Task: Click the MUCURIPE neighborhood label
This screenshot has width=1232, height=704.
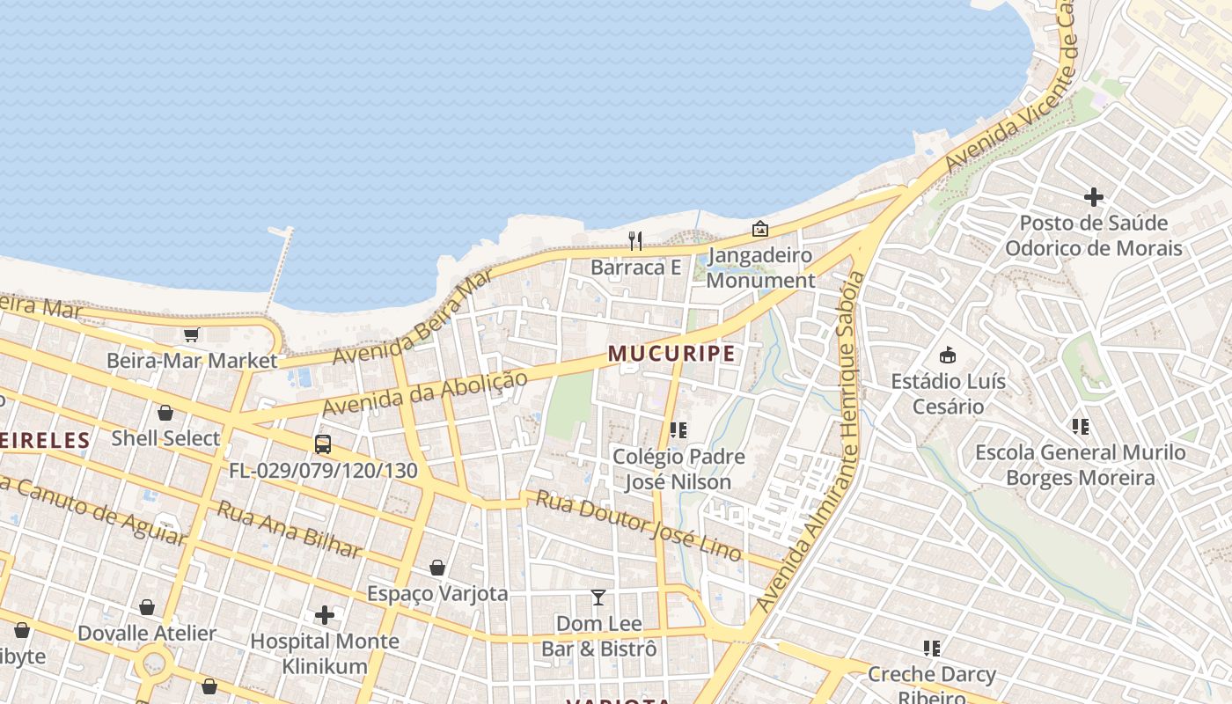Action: (671, 354)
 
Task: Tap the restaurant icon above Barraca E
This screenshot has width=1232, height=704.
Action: (635, 239)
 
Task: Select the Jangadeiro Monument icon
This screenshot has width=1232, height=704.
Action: (760, 229)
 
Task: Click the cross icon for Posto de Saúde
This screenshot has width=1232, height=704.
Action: (1094, 197)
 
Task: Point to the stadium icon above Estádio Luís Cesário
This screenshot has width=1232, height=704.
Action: (948, 356)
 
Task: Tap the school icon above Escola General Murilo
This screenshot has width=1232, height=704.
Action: (1081, 427)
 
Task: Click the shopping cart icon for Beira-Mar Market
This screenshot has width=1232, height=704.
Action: (191, 334)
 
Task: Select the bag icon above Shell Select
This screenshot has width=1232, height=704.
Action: (165, 413)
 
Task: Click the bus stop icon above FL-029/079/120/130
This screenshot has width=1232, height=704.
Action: (323, 444)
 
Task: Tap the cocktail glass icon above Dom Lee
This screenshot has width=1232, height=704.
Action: (598, 598)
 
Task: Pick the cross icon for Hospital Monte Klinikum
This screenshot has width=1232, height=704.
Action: (325, 615)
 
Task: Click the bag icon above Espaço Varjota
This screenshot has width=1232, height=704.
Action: (437, 568)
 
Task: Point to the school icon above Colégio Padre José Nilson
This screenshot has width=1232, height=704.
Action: (678, 430)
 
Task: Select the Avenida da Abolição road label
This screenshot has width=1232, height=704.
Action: (425, 393)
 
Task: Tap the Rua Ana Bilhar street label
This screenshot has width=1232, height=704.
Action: (290, 529)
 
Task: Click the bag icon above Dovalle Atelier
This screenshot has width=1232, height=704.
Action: (147, 607)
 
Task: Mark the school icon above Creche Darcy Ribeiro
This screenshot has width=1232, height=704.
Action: (932, 649)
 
